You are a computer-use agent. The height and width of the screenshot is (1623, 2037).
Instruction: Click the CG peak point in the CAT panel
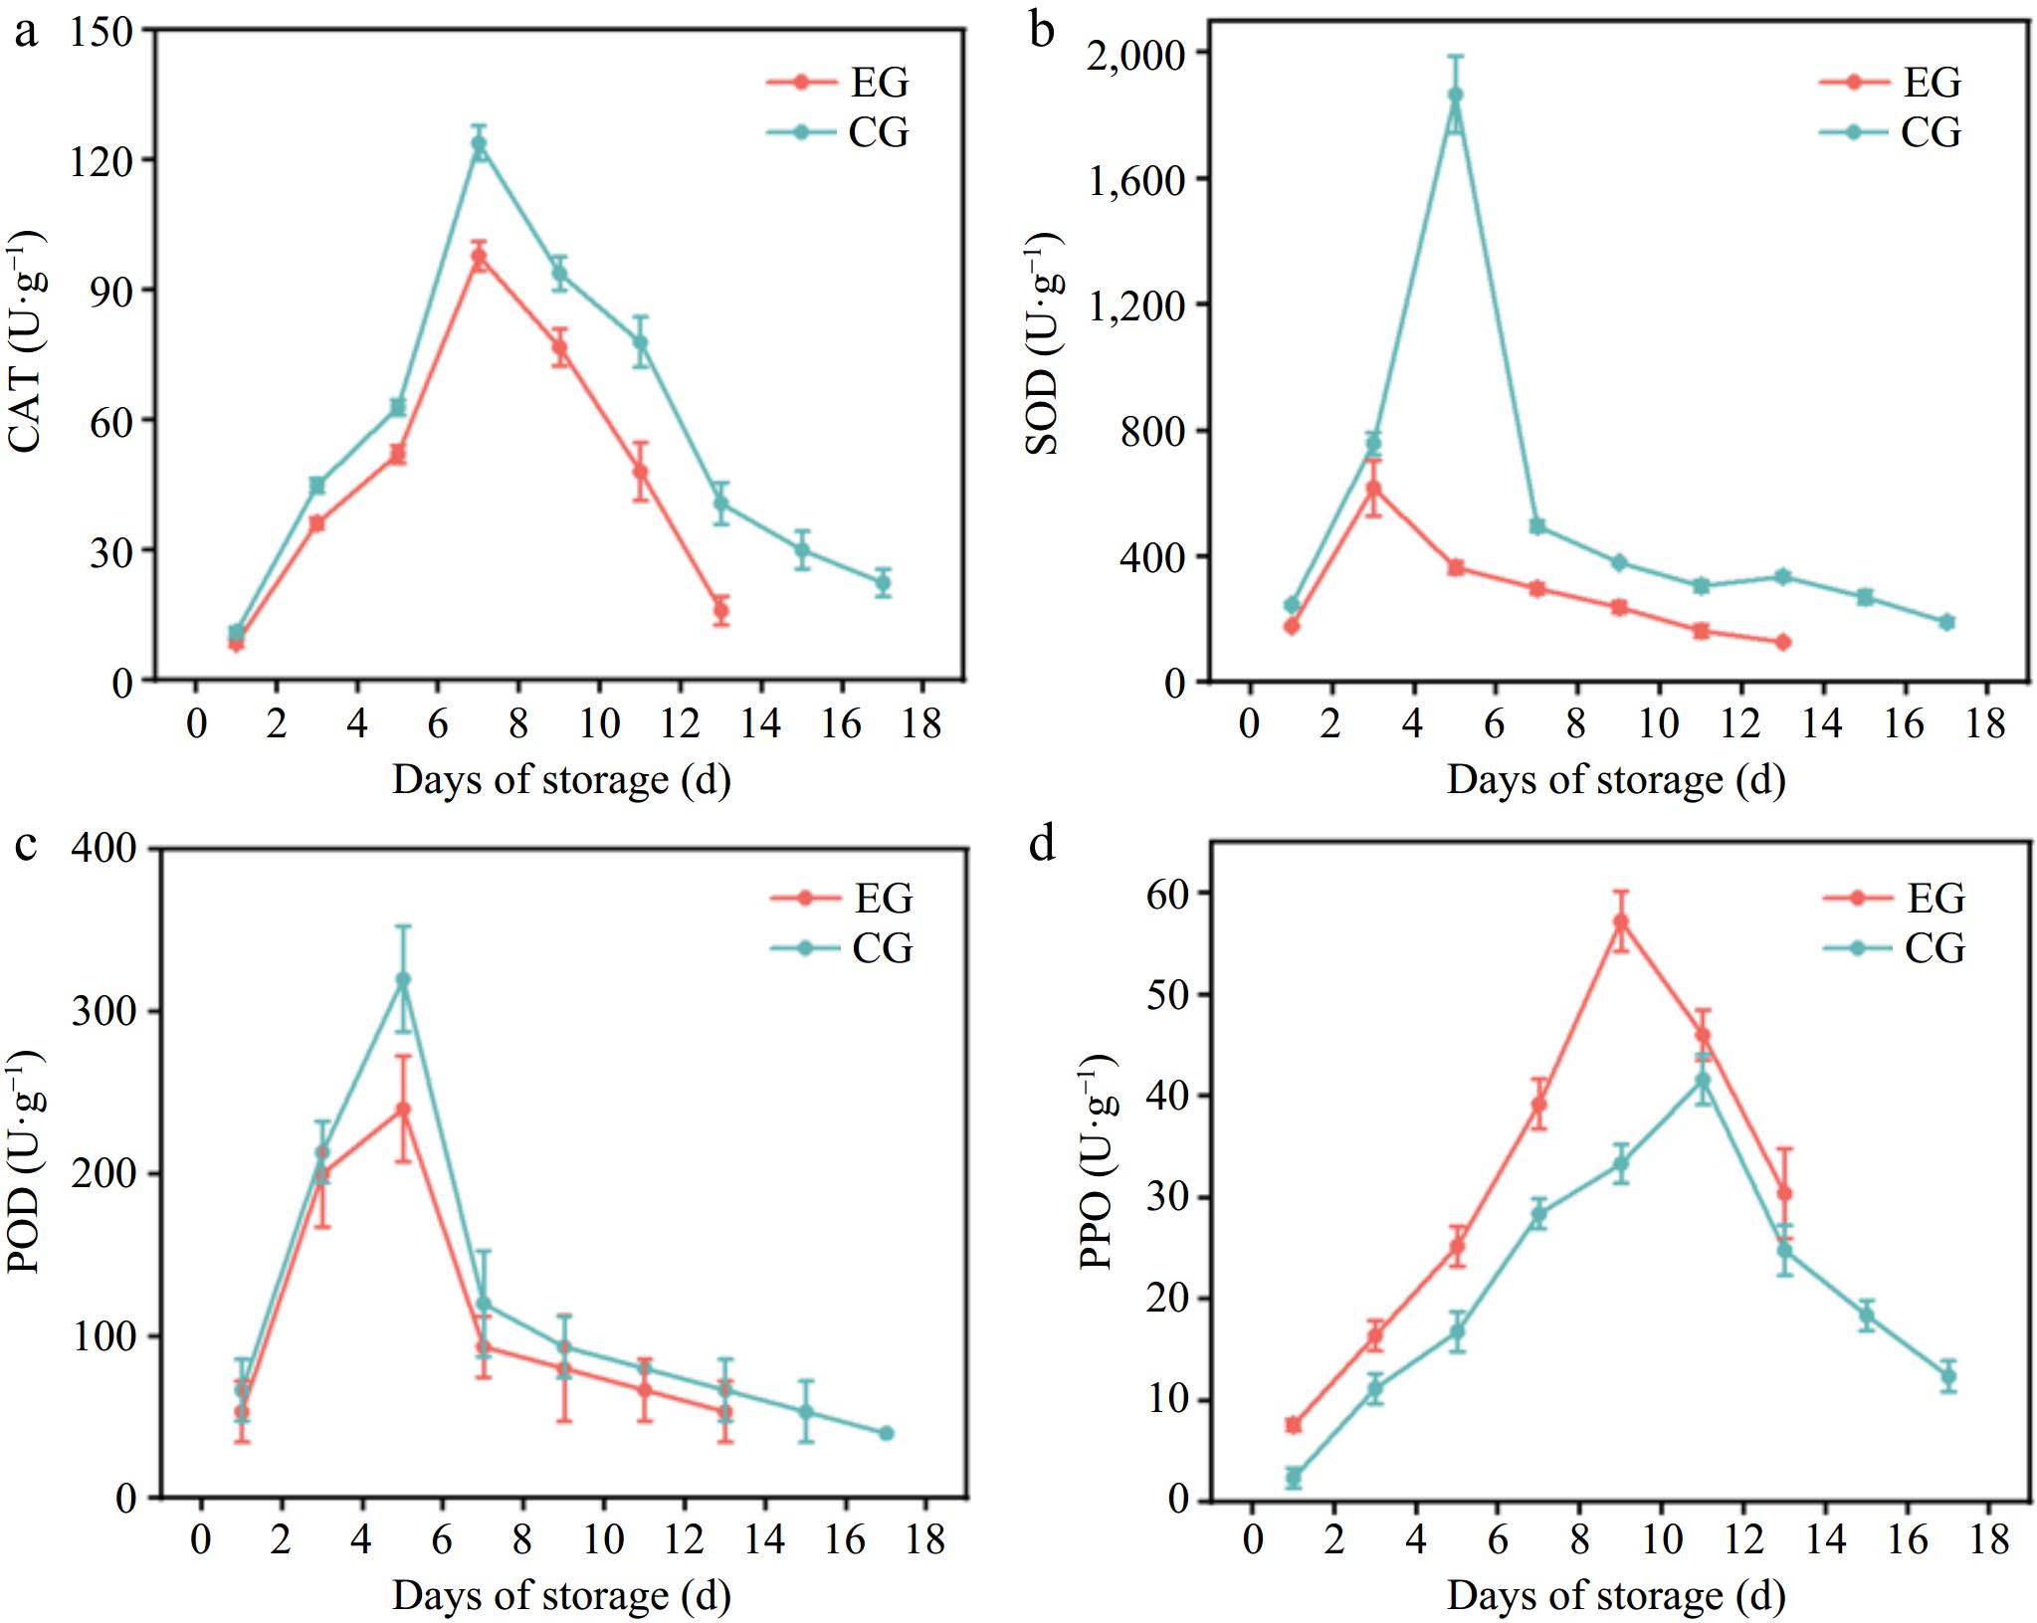480,143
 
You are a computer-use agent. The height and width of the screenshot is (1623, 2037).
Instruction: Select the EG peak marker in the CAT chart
480,258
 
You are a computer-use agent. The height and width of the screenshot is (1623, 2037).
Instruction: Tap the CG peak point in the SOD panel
1455,95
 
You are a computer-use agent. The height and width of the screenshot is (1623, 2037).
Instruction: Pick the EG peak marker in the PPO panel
1621,921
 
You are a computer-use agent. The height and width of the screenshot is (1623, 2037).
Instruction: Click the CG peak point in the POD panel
403,979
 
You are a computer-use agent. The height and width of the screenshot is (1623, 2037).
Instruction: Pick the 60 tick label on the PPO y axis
1168,894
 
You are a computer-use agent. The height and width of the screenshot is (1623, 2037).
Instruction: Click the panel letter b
1042,31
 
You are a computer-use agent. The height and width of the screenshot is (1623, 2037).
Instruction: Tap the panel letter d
1042,847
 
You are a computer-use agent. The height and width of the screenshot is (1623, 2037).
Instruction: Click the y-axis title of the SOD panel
1043,343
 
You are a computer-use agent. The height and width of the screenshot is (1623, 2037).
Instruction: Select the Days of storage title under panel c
561,1595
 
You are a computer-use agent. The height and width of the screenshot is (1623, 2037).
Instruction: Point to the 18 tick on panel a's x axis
922,722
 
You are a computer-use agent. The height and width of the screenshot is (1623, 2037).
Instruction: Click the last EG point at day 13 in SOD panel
1782,642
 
